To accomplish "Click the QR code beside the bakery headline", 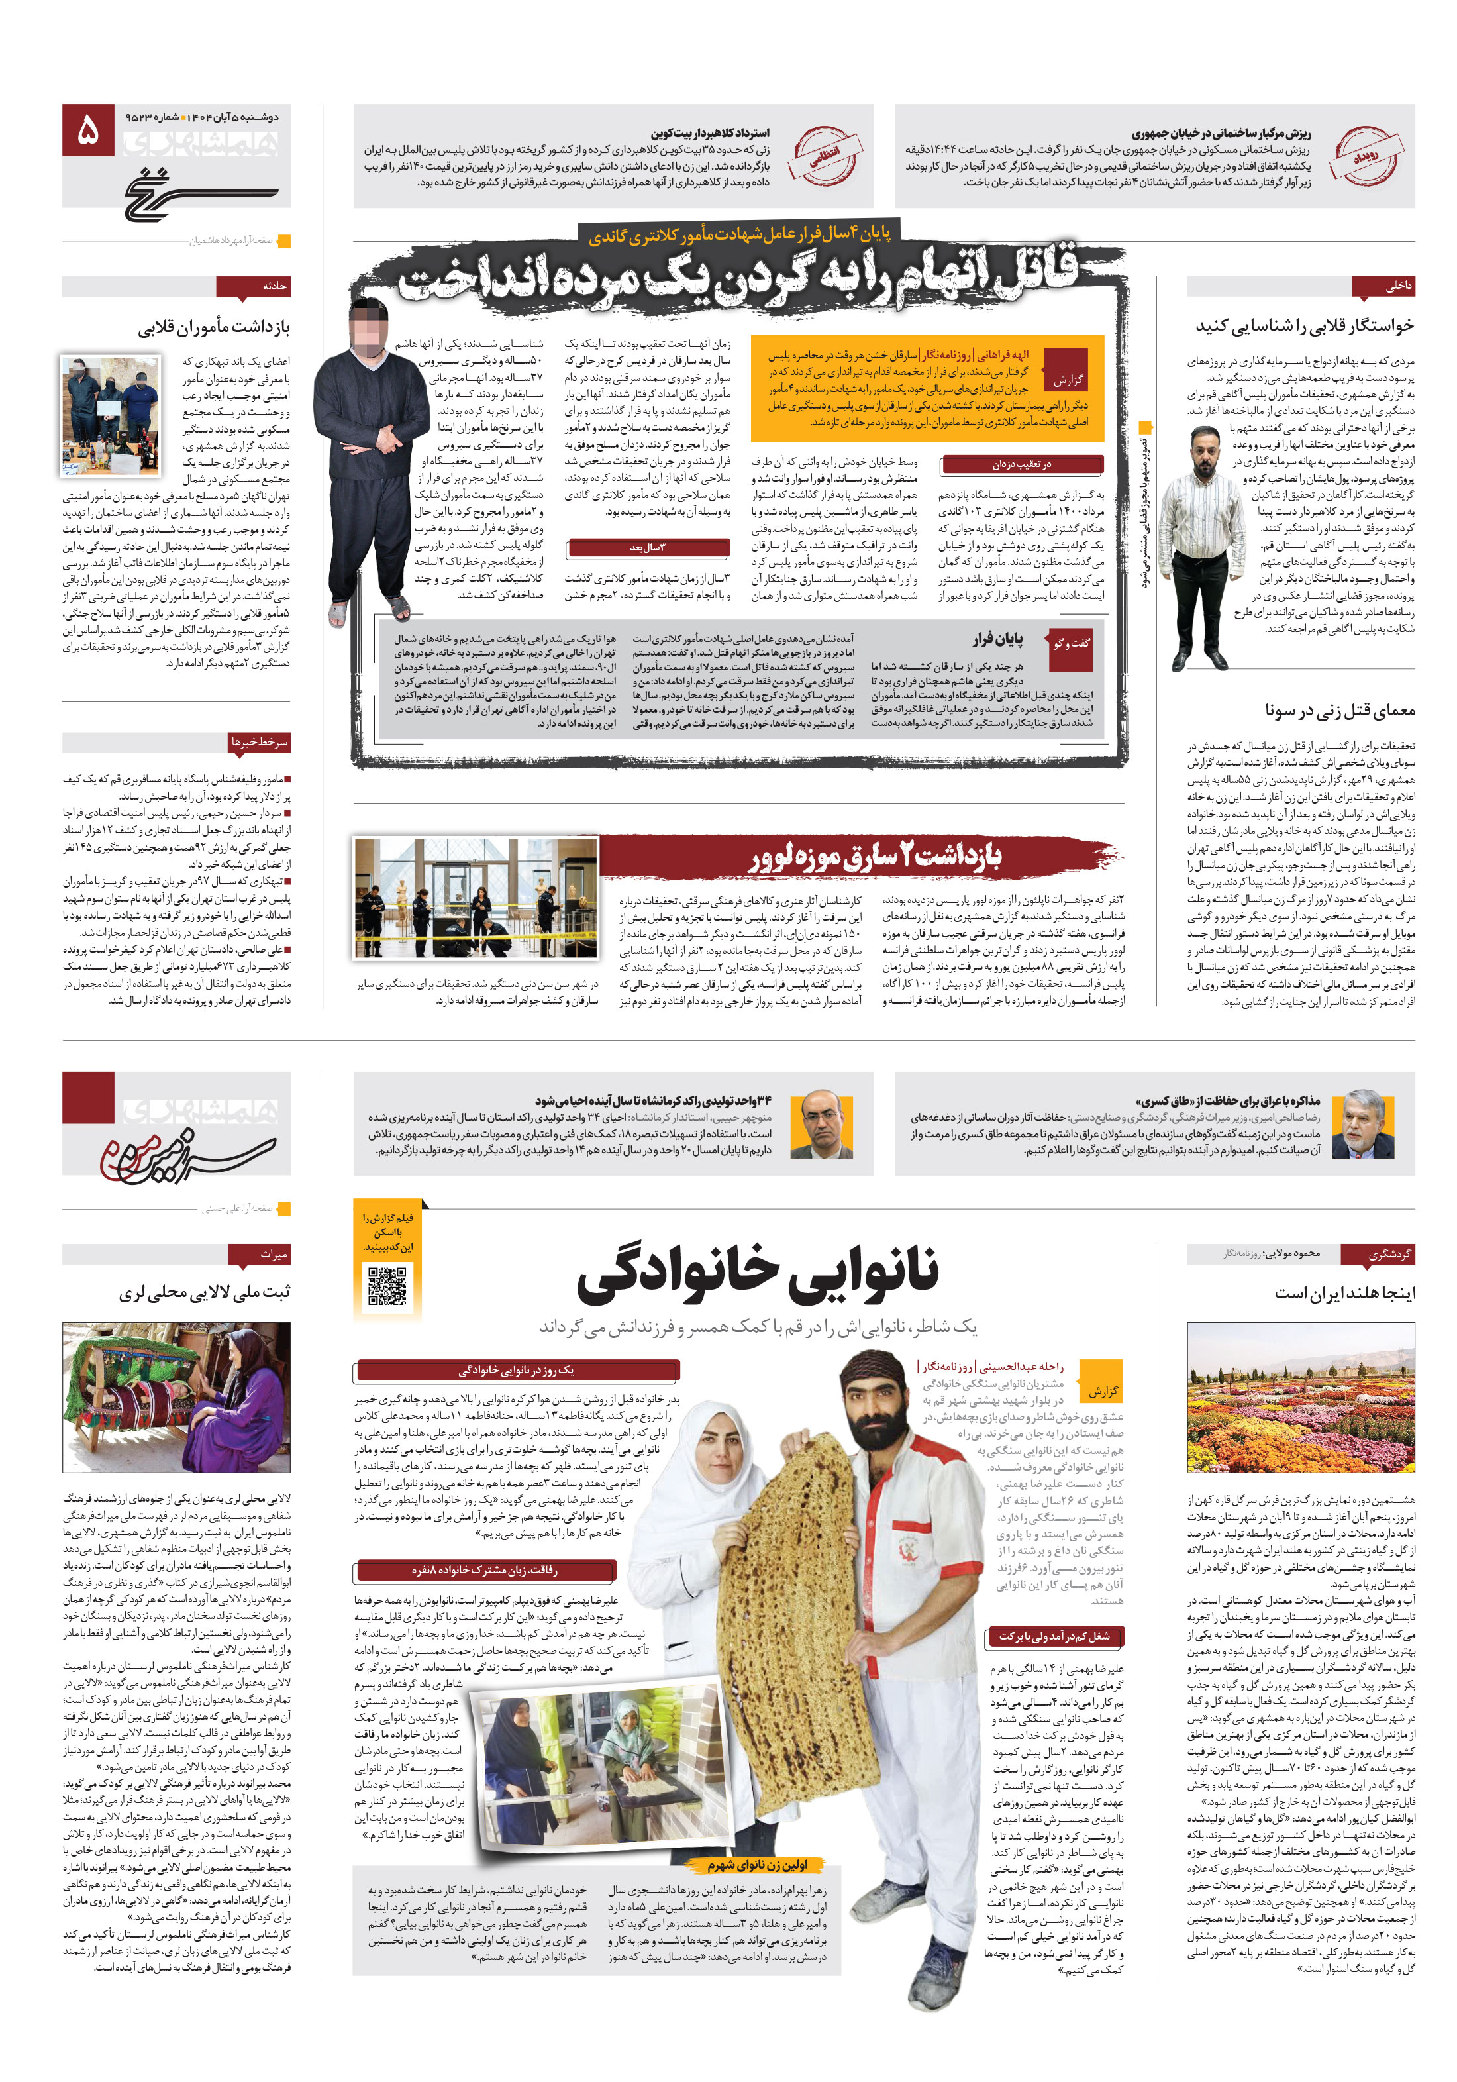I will click(387, 1285).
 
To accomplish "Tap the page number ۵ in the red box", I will click(88, 131).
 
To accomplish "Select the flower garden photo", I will click(1299, 1397).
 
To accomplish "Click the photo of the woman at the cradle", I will click(177, 1396).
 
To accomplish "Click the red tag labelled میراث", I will click(272, 1254).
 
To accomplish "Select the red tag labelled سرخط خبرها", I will click(260, 742).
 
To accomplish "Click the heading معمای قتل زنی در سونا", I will click(1339, 710).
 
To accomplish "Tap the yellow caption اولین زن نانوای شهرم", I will click(758, 1865).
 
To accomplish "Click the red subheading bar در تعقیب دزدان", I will click(1021, 464).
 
